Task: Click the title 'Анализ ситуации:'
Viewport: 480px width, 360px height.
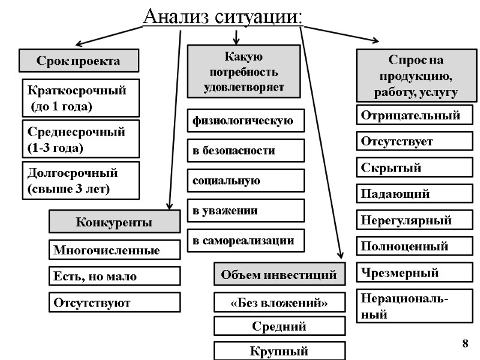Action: point(223,16)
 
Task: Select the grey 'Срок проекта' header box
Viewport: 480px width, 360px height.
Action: point(79,61)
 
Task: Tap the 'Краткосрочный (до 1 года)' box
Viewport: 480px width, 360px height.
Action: point(80,98)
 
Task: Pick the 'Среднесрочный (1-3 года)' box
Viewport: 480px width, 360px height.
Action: point(80,139)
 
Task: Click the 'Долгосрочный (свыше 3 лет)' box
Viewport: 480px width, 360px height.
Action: point(80,181)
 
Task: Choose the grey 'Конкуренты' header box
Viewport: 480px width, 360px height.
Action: point(114,222)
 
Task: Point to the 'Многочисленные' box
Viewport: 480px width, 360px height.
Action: point(114,250)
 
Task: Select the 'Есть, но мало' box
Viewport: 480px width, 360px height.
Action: point(114,276)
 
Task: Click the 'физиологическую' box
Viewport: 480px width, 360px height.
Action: point(245,121)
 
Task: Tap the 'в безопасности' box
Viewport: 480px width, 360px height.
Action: point(245,151)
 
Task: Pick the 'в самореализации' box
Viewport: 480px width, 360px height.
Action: point(245,240)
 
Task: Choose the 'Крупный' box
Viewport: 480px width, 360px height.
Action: point(280,350)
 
